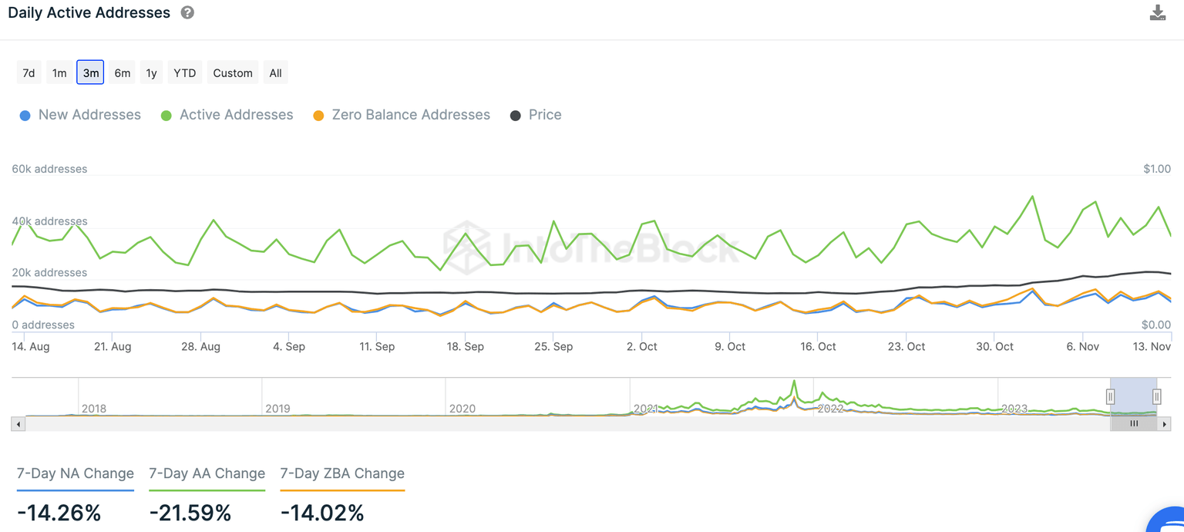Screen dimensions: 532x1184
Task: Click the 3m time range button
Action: (x=90, y=73)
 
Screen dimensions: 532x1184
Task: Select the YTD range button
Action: (x=185, y=73)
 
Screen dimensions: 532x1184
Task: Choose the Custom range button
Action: (x=233, y=73)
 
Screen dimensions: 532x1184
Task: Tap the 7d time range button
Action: (x=29, y=73)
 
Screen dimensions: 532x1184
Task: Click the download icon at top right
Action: (x=1157, y=13)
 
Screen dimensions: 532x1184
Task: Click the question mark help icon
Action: (x=187, y=13)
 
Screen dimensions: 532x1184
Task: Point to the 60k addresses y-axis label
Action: (x=49, y=169)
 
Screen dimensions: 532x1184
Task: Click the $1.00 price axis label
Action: (x=1156, y=169)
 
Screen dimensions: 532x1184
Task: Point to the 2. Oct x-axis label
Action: (x=642, y=347)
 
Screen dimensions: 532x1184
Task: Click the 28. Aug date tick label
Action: (x=200, y=347)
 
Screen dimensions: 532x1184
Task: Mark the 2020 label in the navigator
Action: (x=462, y=409)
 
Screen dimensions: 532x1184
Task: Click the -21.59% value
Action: (x=190, y=513)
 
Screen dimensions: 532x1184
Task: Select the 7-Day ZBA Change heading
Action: (x=342, y=473)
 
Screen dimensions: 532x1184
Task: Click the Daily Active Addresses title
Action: (x=89, y=13)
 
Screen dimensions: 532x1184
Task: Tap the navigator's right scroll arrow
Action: (x=1165, y=424)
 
